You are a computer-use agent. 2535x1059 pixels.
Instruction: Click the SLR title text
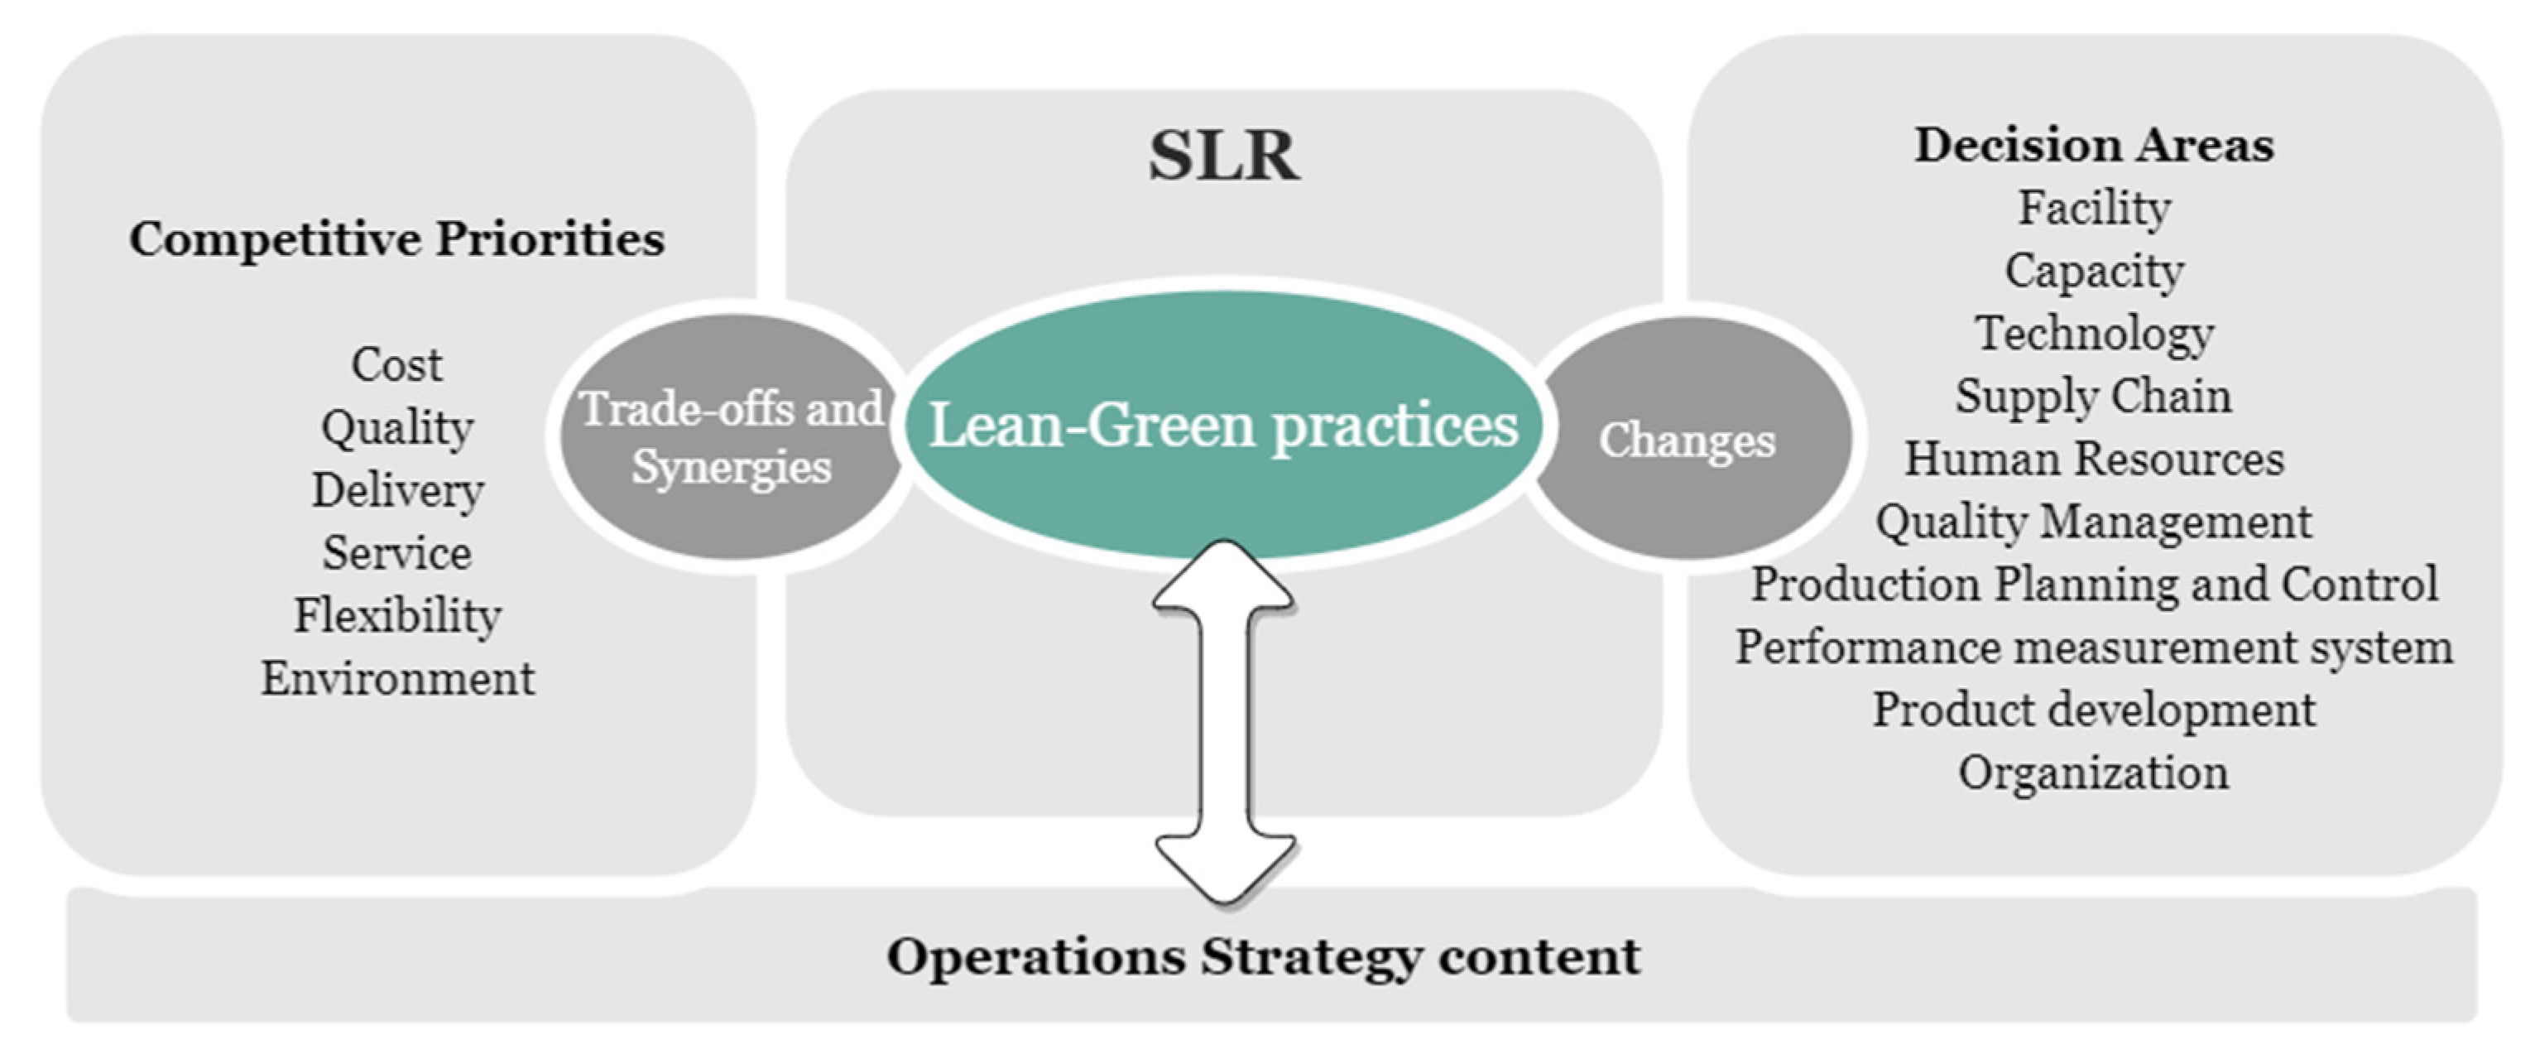pos(1223,156)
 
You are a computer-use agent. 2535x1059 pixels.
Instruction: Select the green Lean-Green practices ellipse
pos(1223,426)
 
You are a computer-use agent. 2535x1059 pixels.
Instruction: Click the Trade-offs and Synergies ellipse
pos(730,437)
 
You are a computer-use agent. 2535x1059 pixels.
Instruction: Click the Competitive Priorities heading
pos(396,238)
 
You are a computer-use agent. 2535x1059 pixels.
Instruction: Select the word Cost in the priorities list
pos(396,364)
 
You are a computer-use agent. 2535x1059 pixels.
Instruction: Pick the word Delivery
pos(396,490)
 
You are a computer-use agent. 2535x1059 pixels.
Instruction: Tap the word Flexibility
pos(396,616)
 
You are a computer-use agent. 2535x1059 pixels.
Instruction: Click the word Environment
pos(396,679)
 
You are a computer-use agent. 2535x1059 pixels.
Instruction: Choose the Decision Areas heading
pos(2093,146)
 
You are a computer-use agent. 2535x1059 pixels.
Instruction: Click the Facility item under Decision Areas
pos(2093,208)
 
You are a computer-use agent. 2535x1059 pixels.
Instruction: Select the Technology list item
pos(2093,334)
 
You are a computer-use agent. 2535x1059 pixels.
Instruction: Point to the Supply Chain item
pos(2093,397)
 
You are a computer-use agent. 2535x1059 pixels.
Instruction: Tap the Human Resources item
pos(2093,460)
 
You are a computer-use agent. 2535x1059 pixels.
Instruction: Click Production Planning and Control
pos(2093,585)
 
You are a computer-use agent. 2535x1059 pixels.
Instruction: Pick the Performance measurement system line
pos(2093,647)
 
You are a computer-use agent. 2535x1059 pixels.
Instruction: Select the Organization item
pos(2093,773)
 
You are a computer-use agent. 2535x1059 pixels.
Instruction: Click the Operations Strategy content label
pos(1264,956)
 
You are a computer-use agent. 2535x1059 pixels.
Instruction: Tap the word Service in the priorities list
pos(396,553)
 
